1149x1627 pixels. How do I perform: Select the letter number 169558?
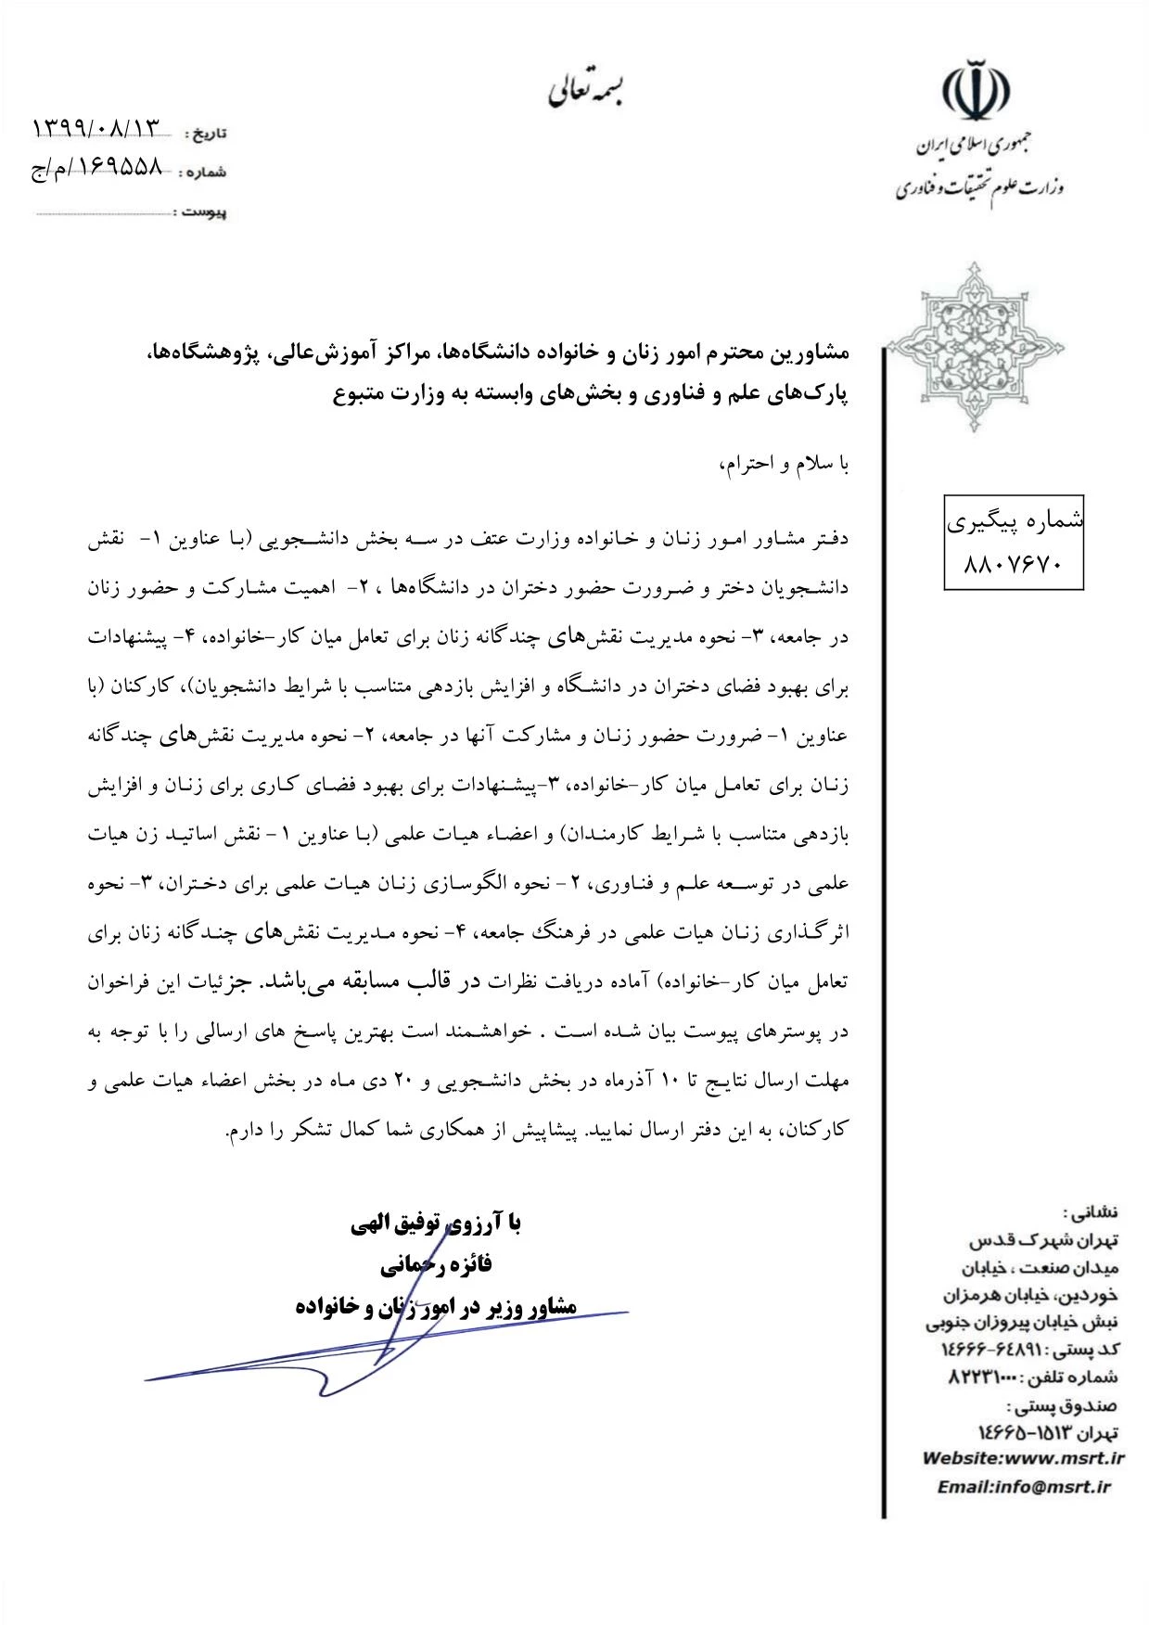110,168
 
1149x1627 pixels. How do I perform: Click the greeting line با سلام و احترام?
784,464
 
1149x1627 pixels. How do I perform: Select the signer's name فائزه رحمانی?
435,1263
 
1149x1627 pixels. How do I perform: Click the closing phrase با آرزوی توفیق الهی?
435,1223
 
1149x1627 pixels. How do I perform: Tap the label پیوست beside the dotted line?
204,212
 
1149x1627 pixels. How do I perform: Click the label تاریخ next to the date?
208,134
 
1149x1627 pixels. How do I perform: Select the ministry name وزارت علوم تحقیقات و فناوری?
978,188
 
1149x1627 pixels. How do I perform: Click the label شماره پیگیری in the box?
1015,521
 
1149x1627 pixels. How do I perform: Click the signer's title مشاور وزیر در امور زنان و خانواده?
435,1306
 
